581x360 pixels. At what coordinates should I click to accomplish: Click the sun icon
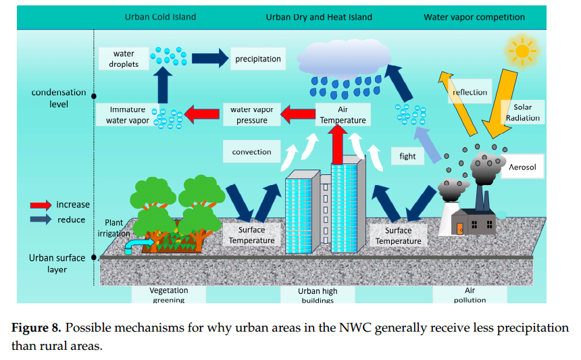click(520, 51)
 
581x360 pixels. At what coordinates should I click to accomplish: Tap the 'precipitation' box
click(257, 59)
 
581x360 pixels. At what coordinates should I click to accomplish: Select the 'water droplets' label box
click(123, 59)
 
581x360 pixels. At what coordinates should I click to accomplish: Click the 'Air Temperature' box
click(343, 115)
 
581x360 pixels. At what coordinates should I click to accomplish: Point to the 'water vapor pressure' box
click(251, 115)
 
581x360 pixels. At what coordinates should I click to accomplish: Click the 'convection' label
click(251, 152)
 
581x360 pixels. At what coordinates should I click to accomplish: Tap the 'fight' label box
click(407, 156)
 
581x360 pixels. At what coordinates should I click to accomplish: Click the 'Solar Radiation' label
click(523, 113)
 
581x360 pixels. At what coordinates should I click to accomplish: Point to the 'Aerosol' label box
click(523, 165)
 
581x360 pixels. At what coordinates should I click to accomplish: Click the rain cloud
click(345, 57)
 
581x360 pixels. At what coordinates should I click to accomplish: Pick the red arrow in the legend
click(41, 205)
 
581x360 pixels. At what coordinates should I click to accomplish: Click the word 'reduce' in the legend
click(71, 220)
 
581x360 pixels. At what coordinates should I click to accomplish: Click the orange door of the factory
click(461, 229)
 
